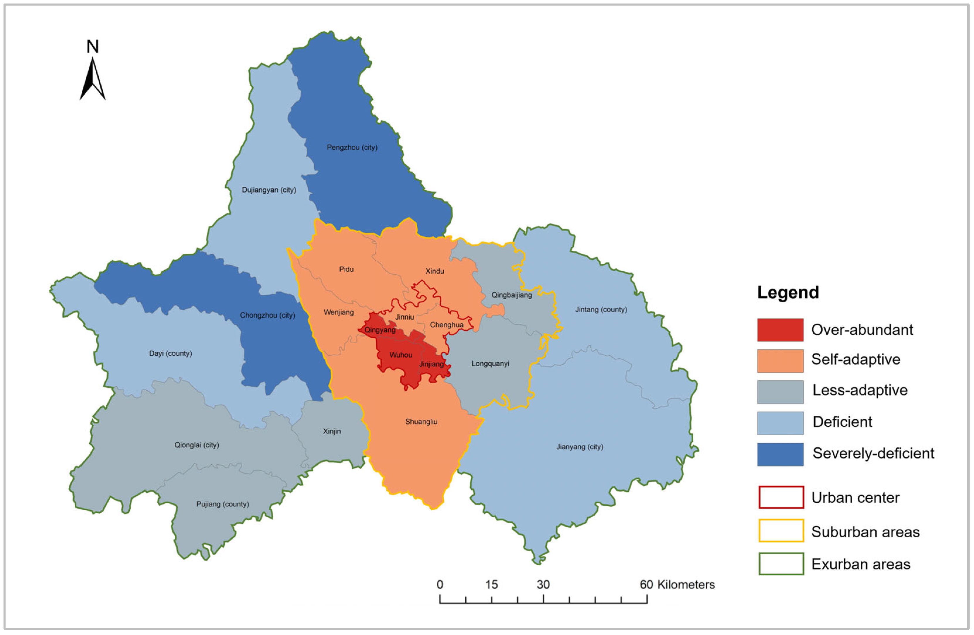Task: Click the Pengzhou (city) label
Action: [352, 147]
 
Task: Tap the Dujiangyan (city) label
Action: [269, 190]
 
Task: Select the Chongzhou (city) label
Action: [267, 315]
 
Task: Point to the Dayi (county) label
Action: [170, 353]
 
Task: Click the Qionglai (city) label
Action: [197, 445]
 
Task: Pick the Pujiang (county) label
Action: [223, 504]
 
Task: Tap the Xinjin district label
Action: [332, 432]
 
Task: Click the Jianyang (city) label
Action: [579, 447]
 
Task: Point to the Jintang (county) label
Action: [601, 310]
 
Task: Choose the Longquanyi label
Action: [490, 364]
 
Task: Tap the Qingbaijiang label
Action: [512, 295]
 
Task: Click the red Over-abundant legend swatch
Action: [780, 330]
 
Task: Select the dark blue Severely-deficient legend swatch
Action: [780, 454]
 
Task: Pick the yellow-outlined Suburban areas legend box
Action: [781, 531]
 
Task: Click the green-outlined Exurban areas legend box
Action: [781, 564]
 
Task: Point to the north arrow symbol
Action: [92, 78]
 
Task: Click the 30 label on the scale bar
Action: [543, 585]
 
